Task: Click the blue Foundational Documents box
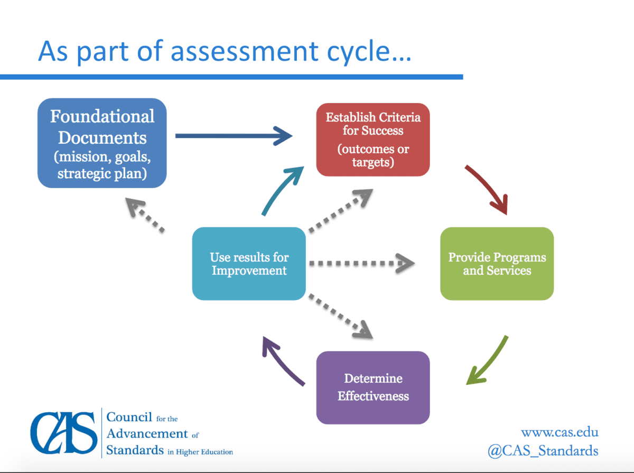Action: (102, 143)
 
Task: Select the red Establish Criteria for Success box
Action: (372, 140)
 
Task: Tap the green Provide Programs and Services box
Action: (497, 264)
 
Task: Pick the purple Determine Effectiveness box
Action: (372, 387)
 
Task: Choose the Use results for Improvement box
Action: (249, 264)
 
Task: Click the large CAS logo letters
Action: (64, 433)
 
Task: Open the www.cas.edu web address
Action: (560, 432)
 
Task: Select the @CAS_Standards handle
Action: (543, 451)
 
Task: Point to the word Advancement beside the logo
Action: (147, 434)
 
